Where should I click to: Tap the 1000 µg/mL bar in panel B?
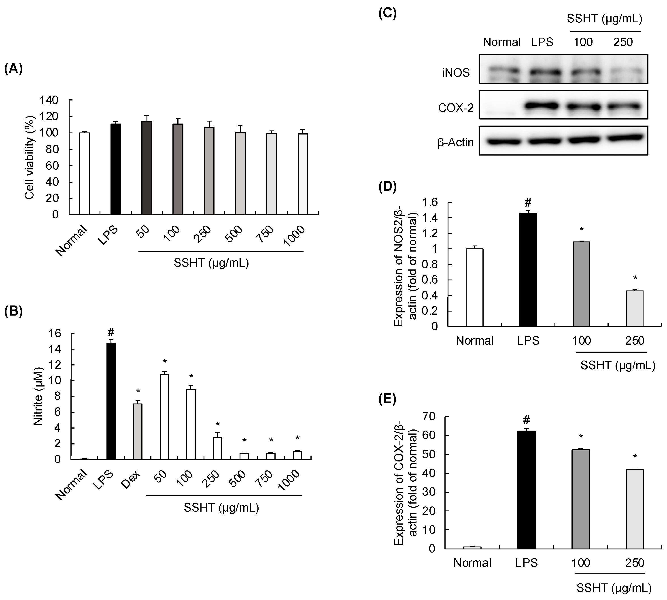click(297, 455)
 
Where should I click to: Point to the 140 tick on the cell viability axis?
click(49, 100)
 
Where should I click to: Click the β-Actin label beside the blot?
click(455, 142)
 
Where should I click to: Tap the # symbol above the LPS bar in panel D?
click(528, 202)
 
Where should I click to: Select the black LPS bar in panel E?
click(526, 490)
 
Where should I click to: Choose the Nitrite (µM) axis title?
click(38, 396)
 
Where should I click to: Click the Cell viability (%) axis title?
click(30, 158)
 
